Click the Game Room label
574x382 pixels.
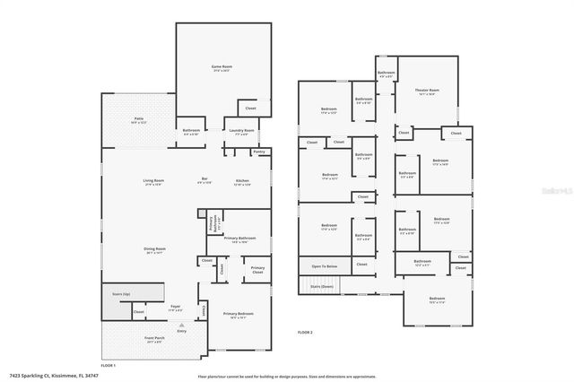point(222,68)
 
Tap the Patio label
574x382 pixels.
point(139,119)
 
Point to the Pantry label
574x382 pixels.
point(259,152)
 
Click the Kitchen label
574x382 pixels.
point(242,181)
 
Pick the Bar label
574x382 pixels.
point(204,181)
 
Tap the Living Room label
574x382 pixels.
point(153,181)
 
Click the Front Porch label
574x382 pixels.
point(154,339)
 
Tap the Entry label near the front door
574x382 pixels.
point(182,331)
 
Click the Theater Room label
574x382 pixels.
point(427,91)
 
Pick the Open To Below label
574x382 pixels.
point(325,266)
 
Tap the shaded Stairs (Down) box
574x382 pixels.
point(321,286)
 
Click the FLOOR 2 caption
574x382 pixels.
point(305,332)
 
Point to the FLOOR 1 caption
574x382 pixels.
point(109,365)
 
